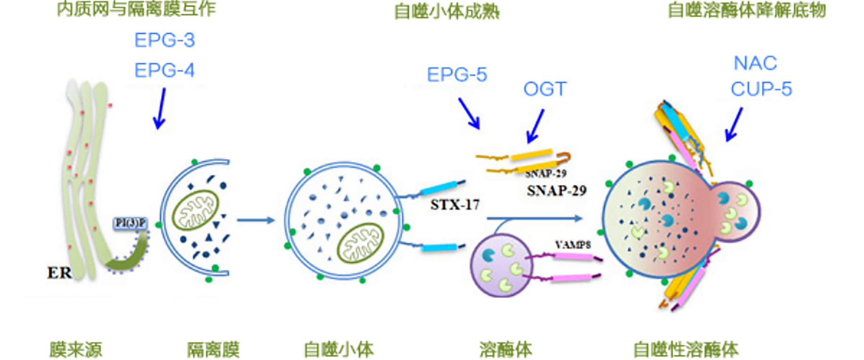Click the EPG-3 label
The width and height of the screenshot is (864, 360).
[164, 41]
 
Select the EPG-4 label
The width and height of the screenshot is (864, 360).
[164, 71]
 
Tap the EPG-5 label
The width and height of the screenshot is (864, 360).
[456, 75]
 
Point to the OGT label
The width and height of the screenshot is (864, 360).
[545, 89]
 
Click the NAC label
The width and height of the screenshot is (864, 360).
[755, 64]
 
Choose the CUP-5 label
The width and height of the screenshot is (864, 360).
[761, 89]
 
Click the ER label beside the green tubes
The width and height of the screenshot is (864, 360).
[59, 272]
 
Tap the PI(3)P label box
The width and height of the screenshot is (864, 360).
[130, 223]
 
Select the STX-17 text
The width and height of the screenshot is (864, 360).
[455, 205]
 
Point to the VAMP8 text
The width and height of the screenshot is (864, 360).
[572, 245]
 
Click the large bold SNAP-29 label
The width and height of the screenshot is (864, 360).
[556, 191]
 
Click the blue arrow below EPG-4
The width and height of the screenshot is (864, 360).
[160, 109]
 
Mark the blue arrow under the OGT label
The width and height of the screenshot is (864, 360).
[535, 126]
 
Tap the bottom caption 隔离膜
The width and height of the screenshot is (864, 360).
[213, 350]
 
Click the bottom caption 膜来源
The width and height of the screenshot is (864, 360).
[75, 350]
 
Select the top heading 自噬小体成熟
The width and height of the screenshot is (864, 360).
[446, 11]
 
